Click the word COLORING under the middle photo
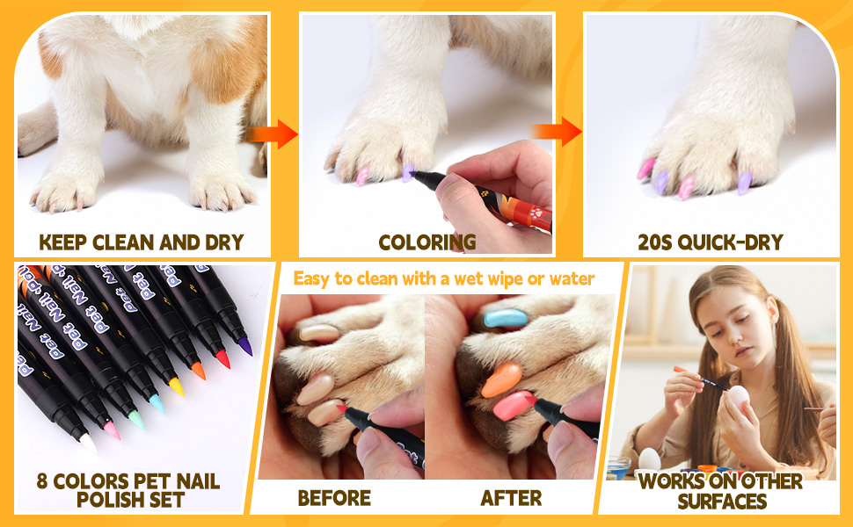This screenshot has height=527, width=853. [426, 242]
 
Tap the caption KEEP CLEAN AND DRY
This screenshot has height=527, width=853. [141, 242]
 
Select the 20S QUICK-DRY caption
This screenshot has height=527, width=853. [711, 242]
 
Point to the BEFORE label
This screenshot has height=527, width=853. [334, 498]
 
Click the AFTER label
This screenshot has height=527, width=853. [511, 498]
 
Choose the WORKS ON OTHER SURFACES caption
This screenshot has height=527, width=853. [720, 491]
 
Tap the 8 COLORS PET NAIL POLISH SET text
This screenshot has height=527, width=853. [128, 490]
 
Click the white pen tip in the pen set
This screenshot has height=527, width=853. [88, 444]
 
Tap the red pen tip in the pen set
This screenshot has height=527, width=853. [222, 359]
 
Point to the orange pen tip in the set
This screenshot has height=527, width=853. [199, 372]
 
